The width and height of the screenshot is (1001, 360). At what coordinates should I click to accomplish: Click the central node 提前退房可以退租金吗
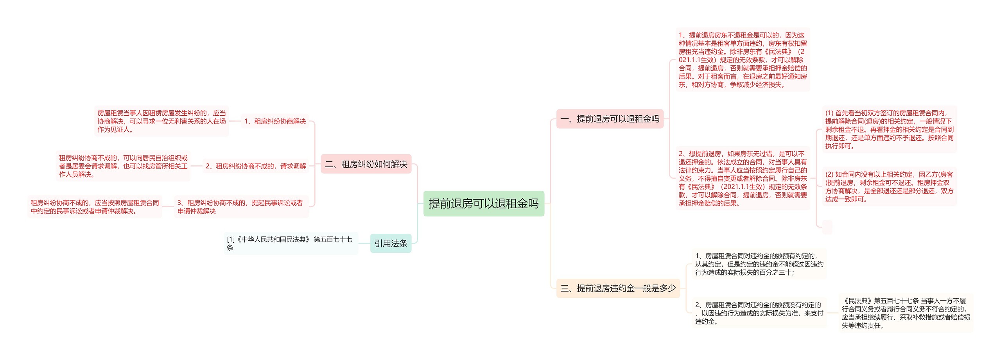pos(484,204)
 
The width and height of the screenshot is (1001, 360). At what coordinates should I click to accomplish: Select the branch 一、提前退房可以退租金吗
pos(610,119)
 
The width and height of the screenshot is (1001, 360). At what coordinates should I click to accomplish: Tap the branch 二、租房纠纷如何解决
pos(366,164)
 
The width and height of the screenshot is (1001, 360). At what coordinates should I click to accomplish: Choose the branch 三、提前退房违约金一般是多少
pos(618,288)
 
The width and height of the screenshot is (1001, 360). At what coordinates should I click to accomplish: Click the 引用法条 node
pos(391,244)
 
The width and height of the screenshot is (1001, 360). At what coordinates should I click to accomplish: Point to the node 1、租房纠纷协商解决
pos(275,121)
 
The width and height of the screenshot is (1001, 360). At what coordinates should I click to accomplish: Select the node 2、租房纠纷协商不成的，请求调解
pos(256,166)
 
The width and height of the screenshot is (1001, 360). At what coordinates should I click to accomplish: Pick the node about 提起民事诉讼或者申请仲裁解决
pos(241,207)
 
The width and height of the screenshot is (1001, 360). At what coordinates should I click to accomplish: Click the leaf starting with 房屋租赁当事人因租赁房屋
pos(161,121)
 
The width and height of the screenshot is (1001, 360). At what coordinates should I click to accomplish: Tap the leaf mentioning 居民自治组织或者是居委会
pos(123,166)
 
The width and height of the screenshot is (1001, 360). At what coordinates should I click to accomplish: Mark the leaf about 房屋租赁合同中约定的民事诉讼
pos(95,207)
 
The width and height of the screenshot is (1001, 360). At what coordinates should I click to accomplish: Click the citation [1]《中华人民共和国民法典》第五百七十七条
pos(291,243)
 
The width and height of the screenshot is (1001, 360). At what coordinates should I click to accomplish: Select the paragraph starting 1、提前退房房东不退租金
pos(743,60)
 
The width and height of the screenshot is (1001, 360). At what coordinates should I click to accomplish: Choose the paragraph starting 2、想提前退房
pos(743,178)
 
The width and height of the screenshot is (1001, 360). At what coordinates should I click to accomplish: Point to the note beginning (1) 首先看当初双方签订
pos(889,129)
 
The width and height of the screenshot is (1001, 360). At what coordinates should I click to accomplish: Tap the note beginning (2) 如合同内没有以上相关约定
pos(889,186)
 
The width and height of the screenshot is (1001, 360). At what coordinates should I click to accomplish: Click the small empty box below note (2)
pos(827,227)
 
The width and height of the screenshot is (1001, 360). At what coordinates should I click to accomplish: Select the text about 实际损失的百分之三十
pos(759,264)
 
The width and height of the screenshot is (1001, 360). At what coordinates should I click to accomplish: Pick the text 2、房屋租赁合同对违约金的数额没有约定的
pos(759,313)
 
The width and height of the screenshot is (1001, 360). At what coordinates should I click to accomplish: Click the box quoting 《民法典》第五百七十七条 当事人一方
pos(906,313)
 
